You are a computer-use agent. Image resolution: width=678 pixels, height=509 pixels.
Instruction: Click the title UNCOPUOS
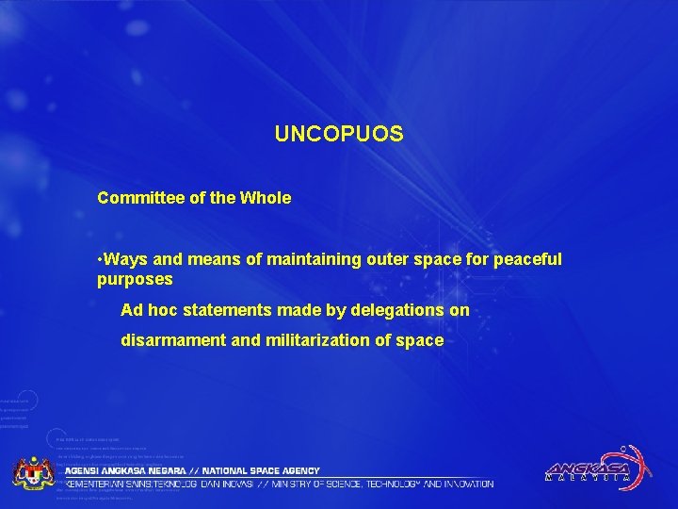pos(339,135)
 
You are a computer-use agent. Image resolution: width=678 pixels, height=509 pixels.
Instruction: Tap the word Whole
pos(266,199)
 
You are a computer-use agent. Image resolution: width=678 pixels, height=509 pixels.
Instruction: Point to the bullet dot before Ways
pos(100,258)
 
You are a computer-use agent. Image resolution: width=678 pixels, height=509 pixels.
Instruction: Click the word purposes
pos(135,280)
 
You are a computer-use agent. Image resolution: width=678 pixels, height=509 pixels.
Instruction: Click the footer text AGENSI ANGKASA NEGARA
pos(126,470)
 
